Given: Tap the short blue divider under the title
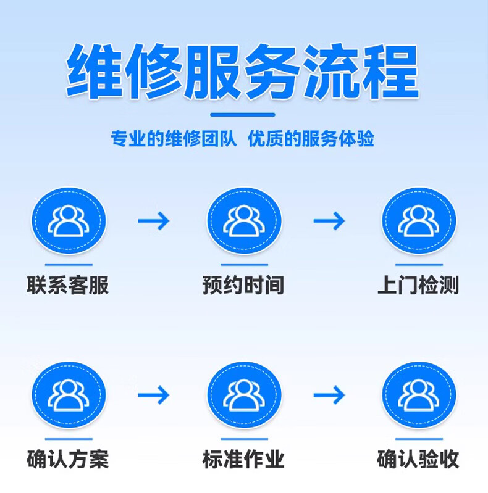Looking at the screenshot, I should [x=243, y=114].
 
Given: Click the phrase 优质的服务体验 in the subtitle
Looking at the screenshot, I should [x=311, y=139].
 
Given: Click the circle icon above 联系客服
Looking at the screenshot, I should [x=69, y=221].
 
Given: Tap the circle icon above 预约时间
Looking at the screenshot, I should [x=243, y=221].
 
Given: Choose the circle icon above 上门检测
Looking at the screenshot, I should [x=418, y=221].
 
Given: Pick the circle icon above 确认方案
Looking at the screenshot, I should [x=69, y=395].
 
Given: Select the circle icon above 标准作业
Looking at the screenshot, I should [x=243, y=395].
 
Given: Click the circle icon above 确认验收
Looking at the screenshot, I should [x=418, y=395].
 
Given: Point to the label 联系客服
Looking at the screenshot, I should [x=68, y=286].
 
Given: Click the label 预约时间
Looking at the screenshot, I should [x=243, y=286].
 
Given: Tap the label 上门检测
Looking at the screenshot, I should [x=418, y=286].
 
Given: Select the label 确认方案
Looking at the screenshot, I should [x=68, y=460].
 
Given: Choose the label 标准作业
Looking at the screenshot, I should [x=243, y=460].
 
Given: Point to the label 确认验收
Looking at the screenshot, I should [x=418, y=460].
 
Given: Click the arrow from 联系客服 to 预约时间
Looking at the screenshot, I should [x=153, y=221].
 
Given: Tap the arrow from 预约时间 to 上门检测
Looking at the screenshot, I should [x=329, y=221].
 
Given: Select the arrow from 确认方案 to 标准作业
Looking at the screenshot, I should [x=153, y=395].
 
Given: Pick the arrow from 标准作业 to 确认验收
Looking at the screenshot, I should [x=329, y=395].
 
